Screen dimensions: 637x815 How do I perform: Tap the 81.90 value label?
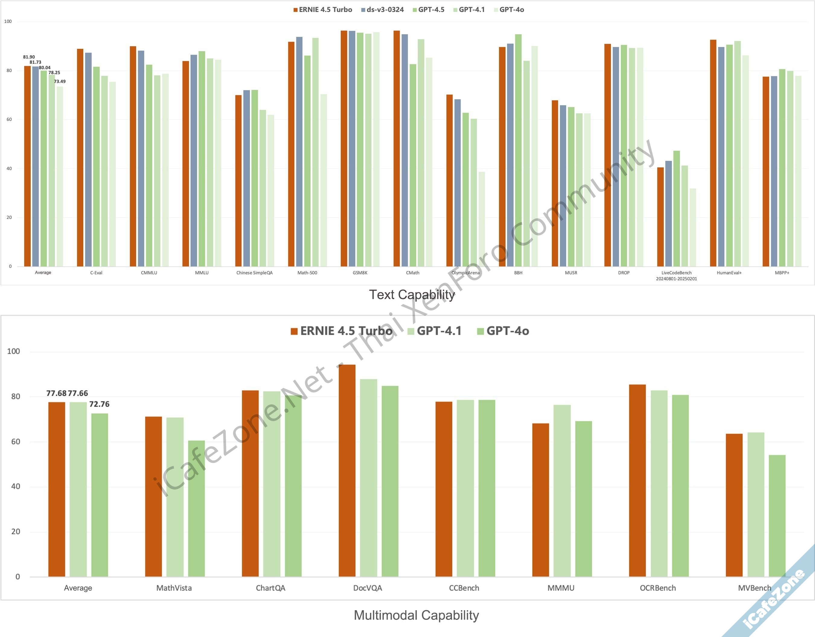(29, 57)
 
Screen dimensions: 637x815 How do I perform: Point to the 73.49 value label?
(60, 81)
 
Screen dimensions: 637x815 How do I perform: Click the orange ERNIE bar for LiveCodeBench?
(660, 216)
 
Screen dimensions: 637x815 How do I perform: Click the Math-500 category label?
(307, 273)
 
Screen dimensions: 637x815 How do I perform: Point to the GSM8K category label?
(360, 273)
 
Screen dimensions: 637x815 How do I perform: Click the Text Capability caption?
(412, 295)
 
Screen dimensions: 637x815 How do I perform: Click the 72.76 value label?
(99, 404)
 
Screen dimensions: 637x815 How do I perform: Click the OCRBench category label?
(657, 588)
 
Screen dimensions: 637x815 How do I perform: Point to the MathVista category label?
(174, 588)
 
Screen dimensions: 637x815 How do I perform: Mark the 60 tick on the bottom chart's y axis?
(16, 442)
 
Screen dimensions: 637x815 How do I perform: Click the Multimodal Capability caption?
(416, 615)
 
